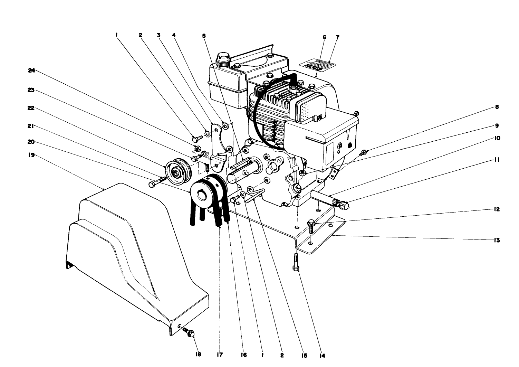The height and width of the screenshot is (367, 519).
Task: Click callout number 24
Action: pos(31,70)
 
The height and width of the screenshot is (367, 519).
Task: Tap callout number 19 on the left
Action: pos(31,155)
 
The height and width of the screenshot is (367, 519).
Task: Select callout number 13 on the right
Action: pos(497,240)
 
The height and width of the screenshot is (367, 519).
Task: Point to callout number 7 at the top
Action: pos(337,37)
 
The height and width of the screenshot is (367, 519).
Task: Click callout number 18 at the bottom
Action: pos(199,355)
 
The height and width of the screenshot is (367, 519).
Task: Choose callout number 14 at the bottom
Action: pos(322,355)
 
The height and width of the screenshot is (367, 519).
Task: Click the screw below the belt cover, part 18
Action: pos(190,332)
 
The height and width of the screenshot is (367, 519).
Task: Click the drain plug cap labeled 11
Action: pos(344,205)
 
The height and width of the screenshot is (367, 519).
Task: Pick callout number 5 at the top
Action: pos(204,35)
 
